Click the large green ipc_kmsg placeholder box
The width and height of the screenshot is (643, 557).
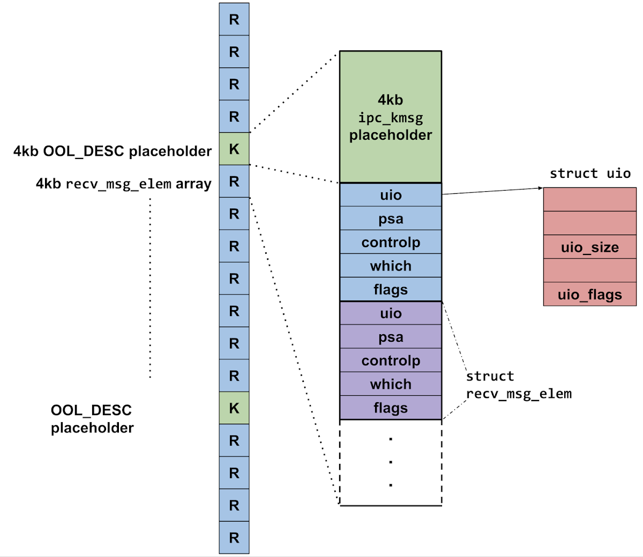(390, 117)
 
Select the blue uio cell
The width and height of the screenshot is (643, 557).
(390, 195)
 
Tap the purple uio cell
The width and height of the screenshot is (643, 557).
(390, 313)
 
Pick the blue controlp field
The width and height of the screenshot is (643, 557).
(390, 242)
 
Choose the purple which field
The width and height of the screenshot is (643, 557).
(390, 384)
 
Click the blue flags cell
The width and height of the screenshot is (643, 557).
(390, 289)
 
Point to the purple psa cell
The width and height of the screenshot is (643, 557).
(390, 337)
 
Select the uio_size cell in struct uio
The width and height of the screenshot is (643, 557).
(589, 247)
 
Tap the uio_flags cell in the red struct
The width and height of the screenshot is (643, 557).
(589, 294)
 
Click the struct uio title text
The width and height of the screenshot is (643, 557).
(589, 174)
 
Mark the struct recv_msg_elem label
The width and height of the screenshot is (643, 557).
(518, 385)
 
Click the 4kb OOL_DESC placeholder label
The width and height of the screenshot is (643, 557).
(113, 151)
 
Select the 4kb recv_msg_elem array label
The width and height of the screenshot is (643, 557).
(123, 184)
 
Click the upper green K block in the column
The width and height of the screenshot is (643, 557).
(234, 148)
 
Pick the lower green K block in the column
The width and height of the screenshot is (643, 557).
(234, 408)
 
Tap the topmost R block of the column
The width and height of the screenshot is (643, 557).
(234, 19)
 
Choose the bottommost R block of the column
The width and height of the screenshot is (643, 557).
(234, 537)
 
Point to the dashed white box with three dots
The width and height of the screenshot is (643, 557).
(390, 462)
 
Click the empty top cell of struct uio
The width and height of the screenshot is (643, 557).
(589, 199)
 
